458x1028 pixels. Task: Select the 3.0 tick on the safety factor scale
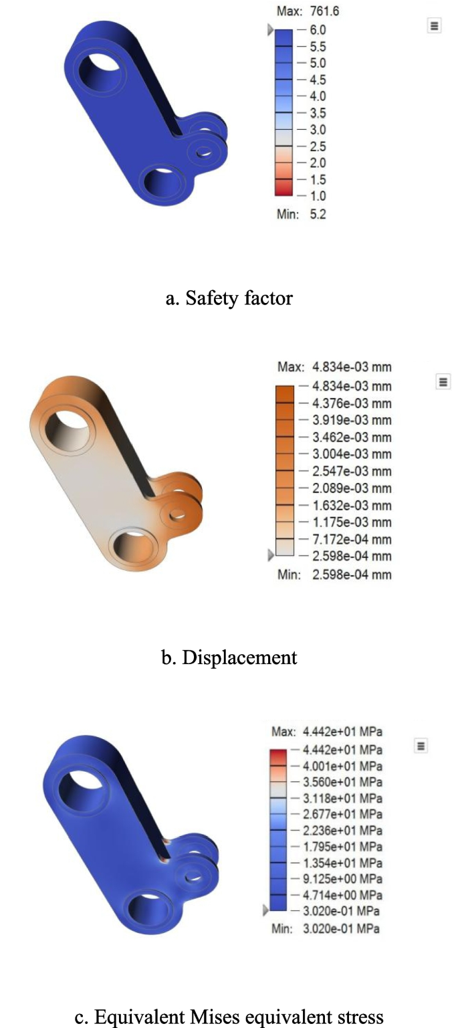pos(317,130)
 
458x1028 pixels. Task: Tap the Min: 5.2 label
pos(301,215)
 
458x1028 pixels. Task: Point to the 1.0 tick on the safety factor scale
pos(317,196)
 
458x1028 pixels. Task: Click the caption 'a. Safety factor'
pos(229,298)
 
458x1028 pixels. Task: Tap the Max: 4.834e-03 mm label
pos(334,367)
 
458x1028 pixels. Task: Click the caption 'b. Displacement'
pos(229,657)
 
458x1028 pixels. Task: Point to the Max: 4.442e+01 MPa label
pos(327,732)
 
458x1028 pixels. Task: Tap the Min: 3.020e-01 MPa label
pos(327,928)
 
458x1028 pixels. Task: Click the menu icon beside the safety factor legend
pos(434,25)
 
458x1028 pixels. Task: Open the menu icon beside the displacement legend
pos(442,381)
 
